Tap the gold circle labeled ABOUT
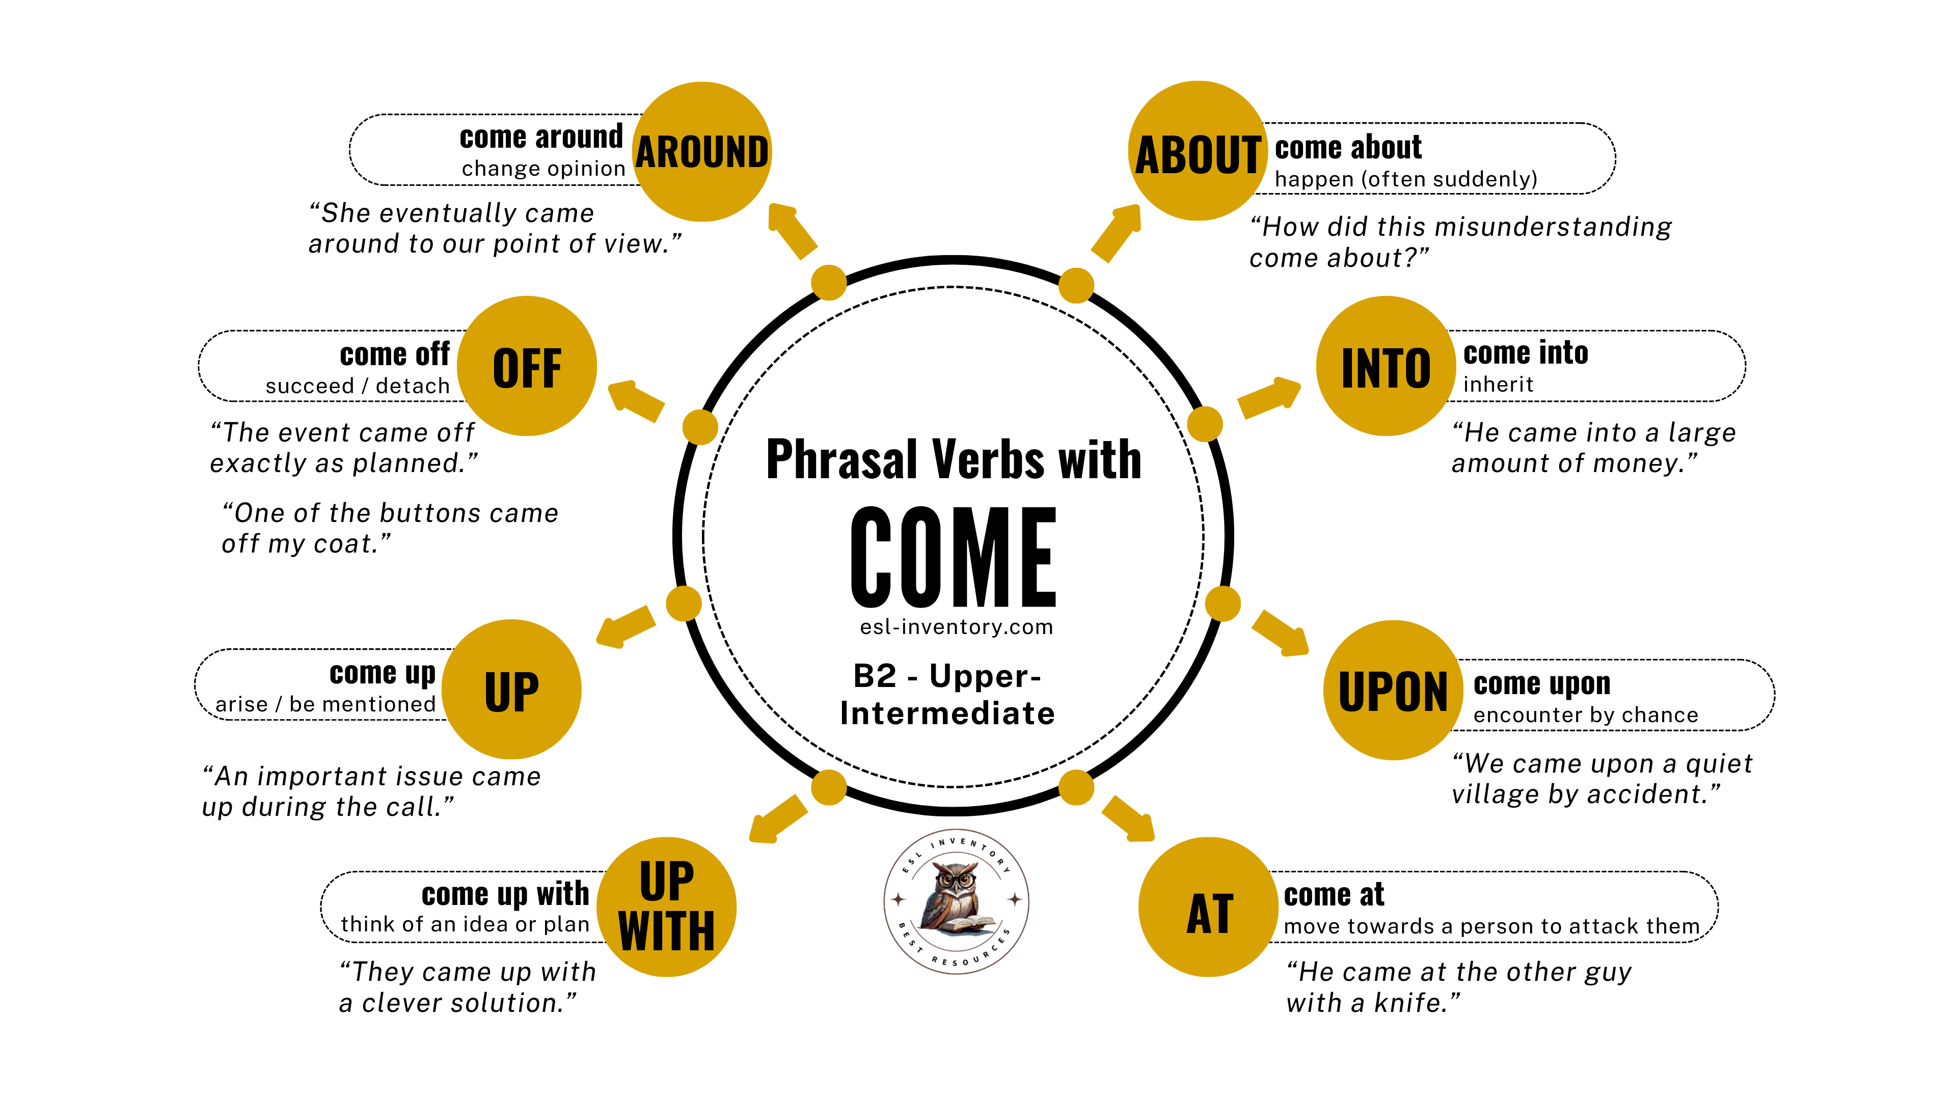point(1198,151)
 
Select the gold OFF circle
point(527,366)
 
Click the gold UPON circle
point(1393,690)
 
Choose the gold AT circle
point(1209,907)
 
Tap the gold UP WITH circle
point(667,907)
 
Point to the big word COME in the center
point(954,557)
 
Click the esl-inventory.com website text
point(956,627)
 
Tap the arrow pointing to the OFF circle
point(636,400)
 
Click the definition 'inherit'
point(1498,385)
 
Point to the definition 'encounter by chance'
point(1586,715)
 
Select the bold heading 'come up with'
point(505,894)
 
